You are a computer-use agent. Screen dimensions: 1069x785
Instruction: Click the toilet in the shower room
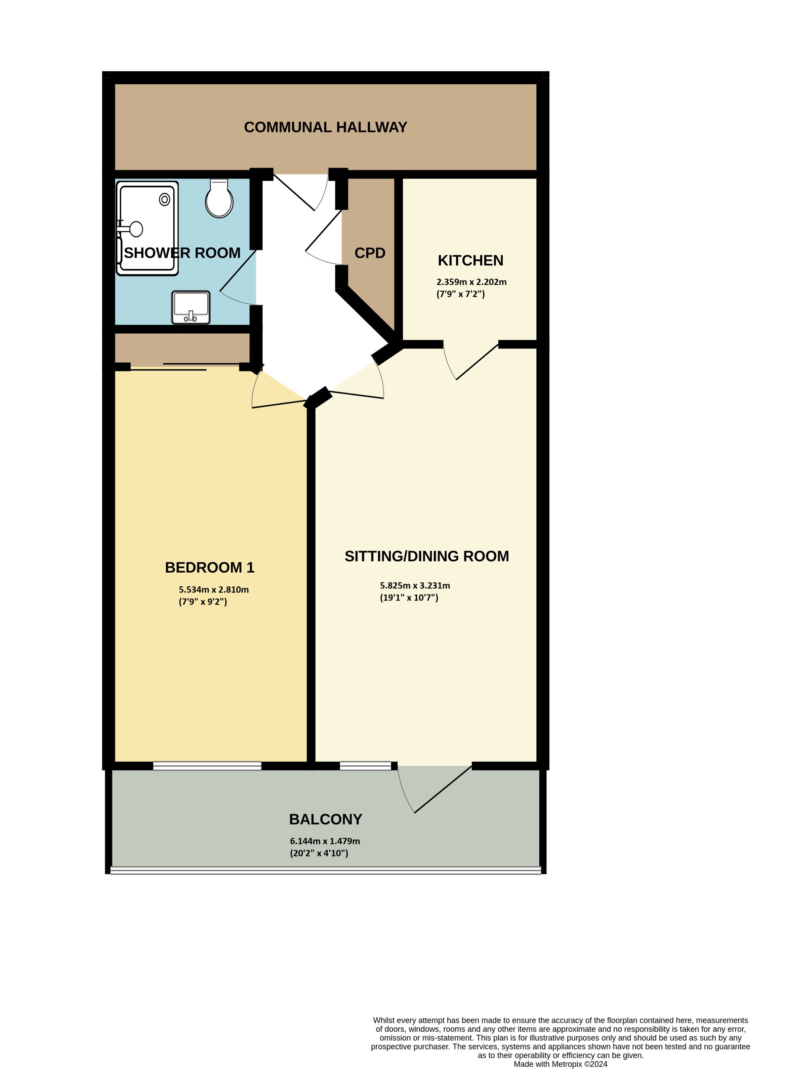[219, 199]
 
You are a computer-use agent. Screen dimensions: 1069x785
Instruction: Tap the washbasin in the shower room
[191, 307]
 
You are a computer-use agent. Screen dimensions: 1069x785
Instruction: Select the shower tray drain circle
[164, 200]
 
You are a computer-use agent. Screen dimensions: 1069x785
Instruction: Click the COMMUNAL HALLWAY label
[326, 127]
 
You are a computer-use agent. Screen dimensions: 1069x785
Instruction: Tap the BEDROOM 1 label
[210, 567]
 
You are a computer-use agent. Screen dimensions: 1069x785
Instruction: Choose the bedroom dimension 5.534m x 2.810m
[213, 590]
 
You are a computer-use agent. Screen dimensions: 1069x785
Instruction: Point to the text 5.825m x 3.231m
[414, 586]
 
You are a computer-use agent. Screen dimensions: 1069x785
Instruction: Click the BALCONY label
[326, 819]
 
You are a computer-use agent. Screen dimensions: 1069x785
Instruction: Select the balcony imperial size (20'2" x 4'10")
[319, 853]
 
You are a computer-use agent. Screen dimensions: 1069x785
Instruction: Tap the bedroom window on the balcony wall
[207, 766]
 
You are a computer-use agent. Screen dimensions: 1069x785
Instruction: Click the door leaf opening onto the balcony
[443, 789]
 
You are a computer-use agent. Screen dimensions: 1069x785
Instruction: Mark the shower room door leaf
[238, 270]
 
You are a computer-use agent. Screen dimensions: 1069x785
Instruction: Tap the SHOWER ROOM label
[182, 253]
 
